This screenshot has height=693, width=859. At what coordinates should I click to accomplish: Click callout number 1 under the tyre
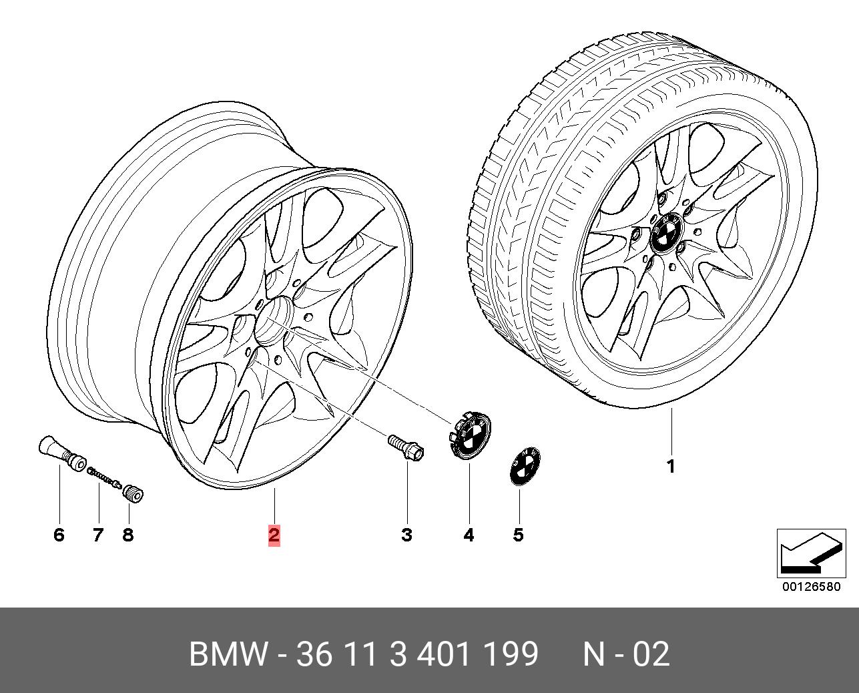coord(671,467)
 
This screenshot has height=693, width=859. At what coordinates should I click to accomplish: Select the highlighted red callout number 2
coord(274,534)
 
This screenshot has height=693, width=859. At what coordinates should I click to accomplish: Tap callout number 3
coord(406,534)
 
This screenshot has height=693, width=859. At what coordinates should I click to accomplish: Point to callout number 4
coord(469,534)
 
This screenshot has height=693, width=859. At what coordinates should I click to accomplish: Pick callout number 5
coord(518,534)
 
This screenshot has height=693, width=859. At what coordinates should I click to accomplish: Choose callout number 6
coord(59,534)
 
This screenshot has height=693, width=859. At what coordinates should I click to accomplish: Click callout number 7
coord(98,534)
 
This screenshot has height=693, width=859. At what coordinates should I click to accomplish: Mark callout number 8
coord(127,534)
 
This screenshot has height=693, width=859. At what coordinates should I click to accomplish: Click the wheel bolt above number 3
coord(406,447)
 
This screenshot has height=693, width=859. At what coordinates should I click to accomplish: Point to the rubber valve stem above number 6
coord(62,453)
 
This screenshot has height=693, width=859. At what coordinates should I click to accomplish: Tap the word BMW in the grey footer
coord(228,654)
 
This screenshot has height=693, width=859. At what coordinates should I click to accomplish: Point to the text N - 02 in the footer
coord(626,654)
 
